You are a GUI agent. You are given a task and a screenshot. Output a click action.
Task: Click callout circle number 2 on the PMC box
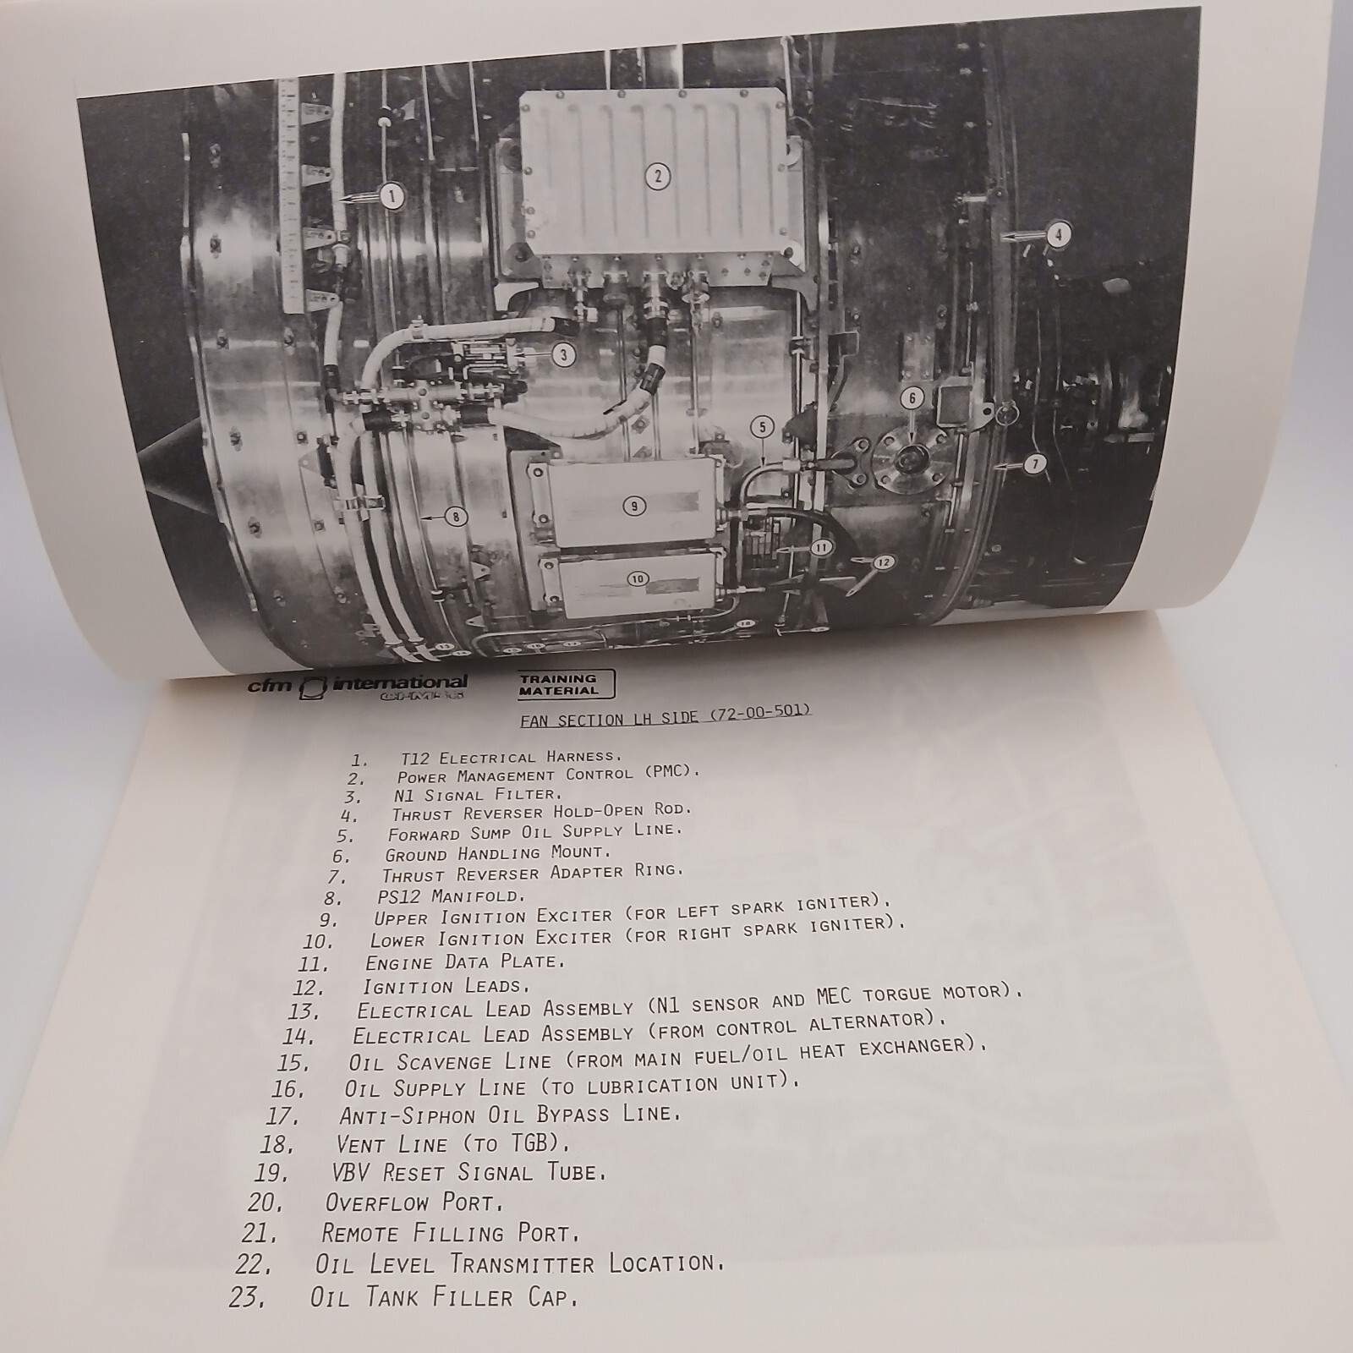(657, 177)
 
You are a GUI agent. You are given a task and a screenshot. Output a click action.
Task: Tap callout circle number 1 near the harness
(392, 196)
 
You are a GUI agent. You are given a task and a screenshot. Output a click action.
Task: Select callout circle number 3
(564, 355)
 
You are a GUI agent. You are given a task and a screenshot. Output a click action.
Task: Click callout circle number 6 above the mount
(912, 397)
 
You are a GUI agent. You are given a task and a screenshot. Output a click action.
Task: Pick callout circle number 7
(1036, 463)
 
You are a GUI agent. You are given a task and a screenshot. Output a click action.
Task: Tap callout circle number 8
(456, 517)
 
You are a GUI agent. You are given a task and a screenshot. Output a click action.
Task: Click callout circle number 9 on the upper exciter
(633, 506)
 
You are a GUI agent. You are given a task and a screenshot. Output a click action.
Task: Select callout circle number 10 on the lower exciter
(637, 579)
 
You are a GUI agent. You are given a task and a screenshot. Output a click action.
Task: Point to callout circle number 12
(883, 561)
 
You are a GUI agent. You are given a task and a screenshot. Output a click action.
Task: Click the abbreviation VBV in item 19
(358, 1174)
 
